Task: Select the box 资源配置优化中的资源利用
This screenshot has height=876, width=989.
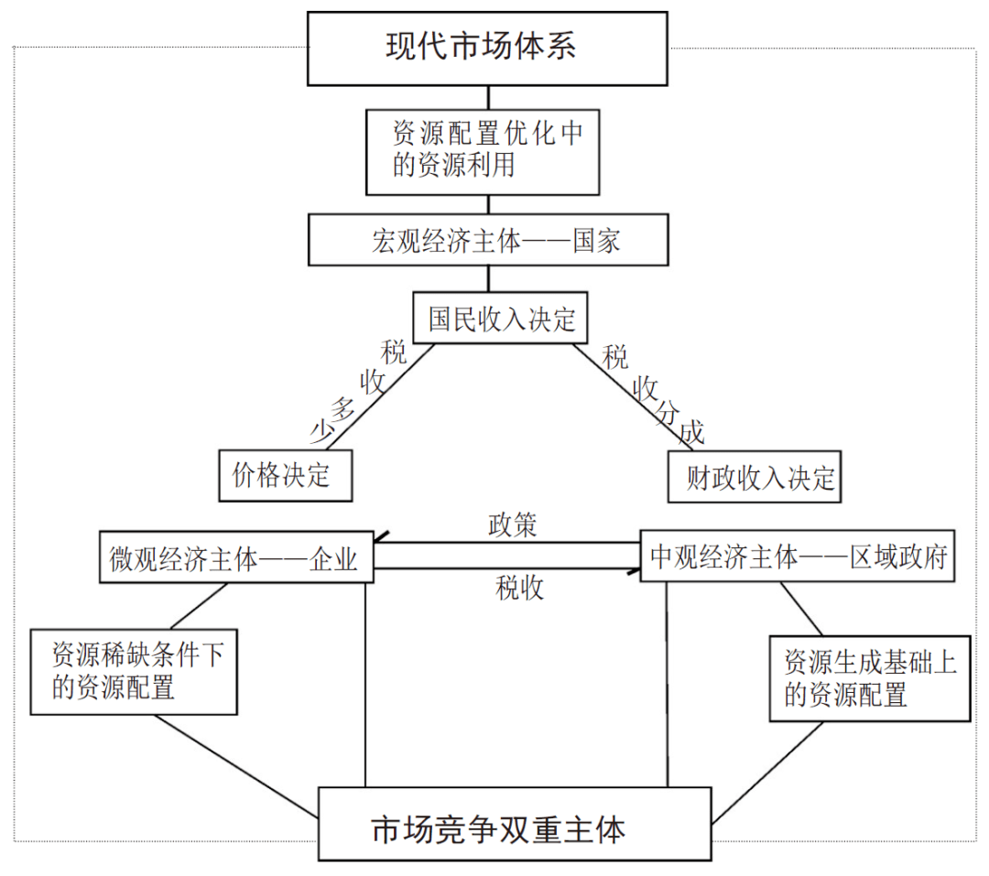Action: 483,151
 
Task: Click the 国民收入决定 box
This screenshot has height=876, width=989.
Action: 502,319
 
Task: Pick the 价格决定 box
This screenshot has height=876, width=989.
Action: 285,474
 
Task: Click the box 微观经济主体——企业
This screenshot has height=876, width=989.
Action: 235,557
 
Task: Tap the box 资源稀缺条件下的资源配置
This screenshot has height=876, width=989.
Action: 134,671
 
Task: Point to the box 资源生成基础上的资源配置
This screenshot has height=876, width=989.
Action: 869,678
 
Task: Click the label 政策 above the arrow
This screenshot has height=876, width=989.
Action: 512,526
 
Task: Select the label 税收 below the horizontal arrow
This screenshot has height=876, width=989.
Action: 519,589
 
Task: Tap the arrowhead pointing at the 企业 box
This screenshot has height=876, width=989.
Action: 381,540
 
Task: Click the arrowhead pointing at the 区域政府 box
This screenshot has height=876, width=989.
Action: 633,571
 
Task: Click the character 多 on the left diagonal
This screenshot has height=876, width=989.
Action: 342,409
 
